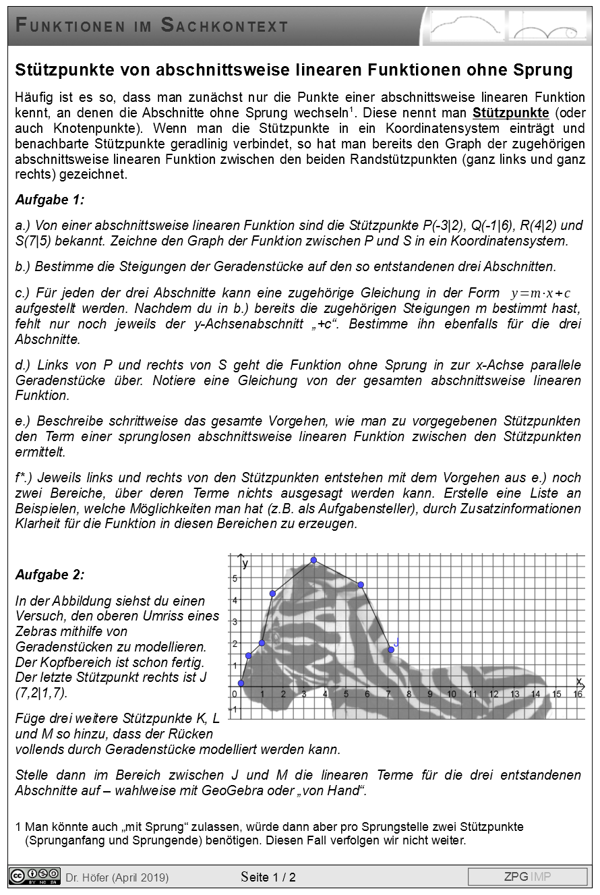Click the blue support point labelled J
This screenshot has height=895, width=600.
391,649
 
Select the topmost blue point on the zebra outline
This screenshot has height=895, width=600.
313,560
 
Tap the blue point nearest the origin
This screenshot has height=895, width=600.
241,683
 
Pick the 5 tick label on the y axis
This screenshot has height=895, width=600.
235,579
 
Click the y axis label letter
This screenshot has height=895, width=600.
246,564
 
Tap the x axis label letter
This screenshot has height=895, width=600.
578,681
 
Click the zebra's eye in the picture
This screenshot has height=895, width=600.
275,637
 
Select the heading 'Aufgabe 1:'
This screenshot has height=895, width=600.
50,200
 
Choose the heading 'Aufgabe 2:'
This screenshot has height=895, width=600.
50,575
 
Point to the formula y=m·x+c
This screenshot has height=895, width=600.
541,293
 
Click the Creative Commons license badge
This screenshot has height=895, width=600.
34,875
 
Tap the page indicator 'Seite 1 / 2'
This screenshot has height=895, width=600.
268,877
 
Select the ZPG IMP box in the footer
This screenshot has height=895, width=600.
527,877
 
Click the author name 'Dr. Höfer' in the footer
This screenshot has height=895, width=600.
88,877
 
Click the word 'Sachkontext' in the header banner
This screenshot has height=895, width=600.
224,26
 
